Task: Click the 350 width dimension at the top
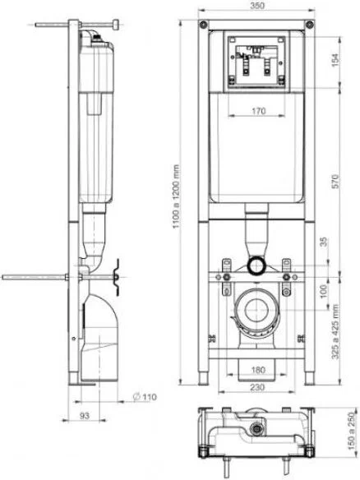pos(256,6)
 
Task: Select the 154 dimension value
pos(335,60)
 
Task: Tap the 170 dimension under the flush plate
pos(259,110)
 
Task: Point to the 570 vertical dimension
pos(335,181)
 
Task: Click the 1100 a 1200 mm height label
pos(176,196)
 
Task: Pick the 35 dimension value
pos(324,242)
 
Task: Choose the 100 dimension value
pos(324,291)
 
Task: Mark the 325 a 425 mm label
pos(335,331)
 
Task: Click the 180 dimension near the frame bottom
pos(258,370)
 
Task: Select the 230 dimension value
pos(257,387)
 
